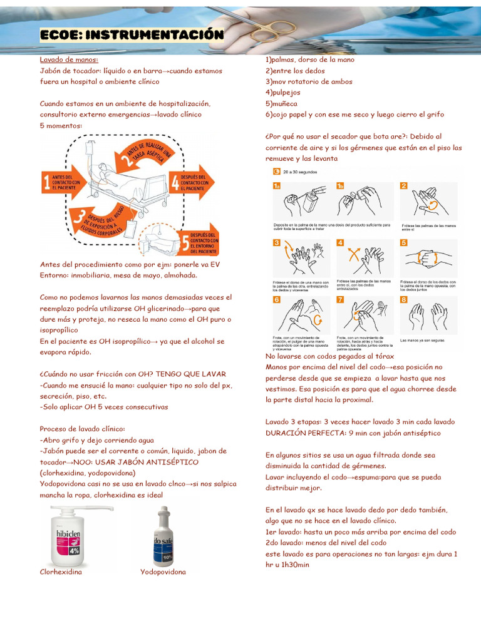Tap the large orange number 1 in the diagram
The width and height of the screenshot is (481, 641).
(x=46, y=182)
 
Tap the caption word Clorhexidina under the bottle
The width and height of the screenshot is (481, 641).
(x=61, y=572)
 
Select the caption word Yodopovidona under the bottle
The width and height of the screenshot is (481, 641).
(x=163, y=572)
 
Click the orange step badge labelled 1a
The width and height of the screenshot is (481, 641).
(x=276, y=186)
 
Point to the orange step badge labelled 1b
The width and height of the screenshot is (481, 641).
(x=340, y=186)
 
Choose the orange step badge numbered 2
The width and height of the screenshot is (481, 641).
(x=404, y=186)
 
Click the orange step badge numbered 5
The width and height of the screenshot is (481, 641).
(x=404, y=243)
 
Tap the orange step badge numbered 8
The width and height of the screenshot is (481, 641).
(x=404, y=300)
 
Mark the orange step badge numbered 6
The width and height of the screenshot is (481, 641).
(x=276, y=300)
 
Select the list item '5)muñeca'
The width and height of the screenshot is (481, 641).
(x=281, y=103)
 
